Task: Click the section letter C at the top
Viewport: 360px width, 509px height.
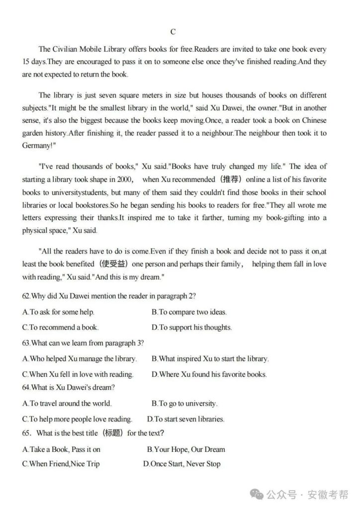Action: [173, 32]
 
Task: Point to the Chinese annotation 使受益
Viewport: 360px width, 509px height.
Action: [115, 264]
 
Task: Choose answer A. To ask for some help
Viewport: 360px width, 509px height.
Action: [59, 312]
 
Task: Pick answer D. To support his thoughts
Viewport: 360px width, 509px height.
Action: [192, 328]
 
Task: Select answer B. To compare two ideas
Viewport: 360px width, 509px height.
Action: [189, 312]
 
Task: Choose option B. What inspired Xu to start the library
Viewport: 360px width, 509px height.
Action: [210, 358]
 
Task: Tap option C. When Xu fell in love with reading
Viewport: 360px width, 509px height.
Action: [78, 374]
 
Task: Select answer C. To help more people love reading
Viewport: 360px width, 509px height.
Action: [77, 419]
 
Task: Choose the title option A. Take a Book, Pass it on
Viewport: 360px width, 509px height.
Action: [62, 449]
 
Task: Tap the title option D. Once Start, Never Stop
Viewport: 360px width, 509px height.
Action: [181, 464]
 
